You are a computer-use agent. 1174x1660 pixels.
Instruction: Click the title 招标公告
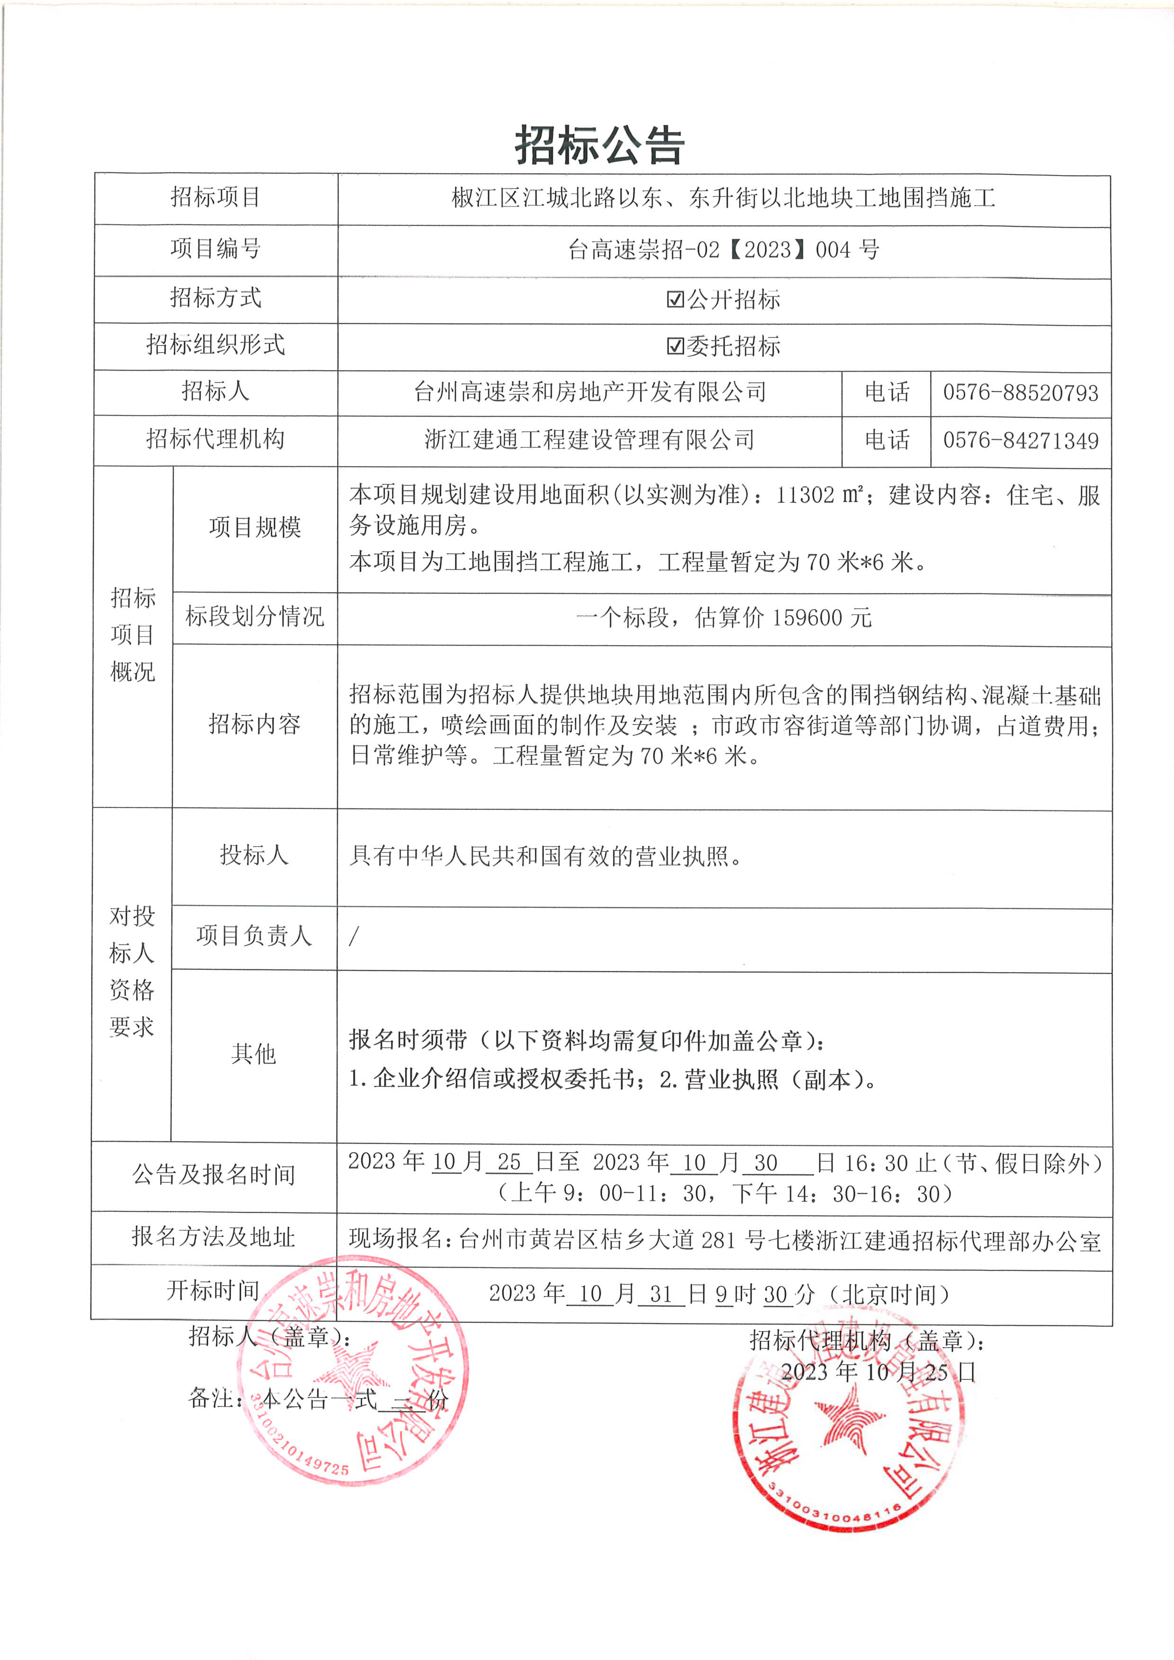click(599, 145)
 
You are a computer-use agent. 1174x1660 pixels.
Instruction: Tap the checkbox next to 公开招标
click(675, 299)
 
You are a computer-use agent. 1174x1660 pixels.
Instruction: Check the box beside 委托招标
click(675, 346)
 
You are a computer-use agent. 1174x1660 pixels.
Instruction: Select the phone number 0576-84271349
click(1020, 440)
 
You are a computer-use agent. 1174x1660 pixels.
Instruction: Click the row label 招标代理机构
click(215, 439)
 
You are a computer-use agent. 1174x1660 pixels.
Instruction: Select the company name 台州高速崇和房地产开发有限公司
click(589, 392)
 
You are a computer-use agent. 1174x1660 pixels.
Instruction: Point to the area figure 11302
click(805, 495)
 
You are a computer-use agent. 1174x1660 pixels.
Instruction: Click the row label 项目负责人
click(254, 936)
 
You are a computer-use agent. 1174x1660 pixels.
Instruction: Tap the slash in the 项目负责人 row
click(354, 937)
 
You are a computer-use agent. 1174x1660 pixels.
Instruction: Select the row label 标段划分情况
click(255, 617)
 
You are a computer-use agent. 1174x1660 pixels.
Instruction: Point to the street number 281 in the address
click(718, 1241)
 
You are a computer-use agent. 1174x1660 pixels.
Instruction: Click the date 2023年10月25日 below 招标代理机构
click(878, 1372)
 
